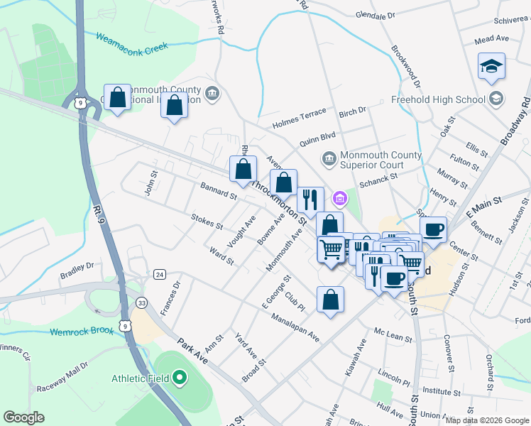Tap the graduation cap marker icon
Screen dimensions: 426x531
coord(491,67)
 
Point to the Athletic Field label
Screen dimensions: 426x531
coord(140,378)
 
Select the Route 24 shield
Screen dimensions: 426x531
coord(160,274)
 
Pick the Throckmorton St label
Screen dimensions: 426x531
coord(279,201)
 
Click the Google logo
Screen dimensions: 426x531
coord(23,417)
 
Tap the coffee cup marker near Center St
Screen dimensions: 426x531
coord(433,229)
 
